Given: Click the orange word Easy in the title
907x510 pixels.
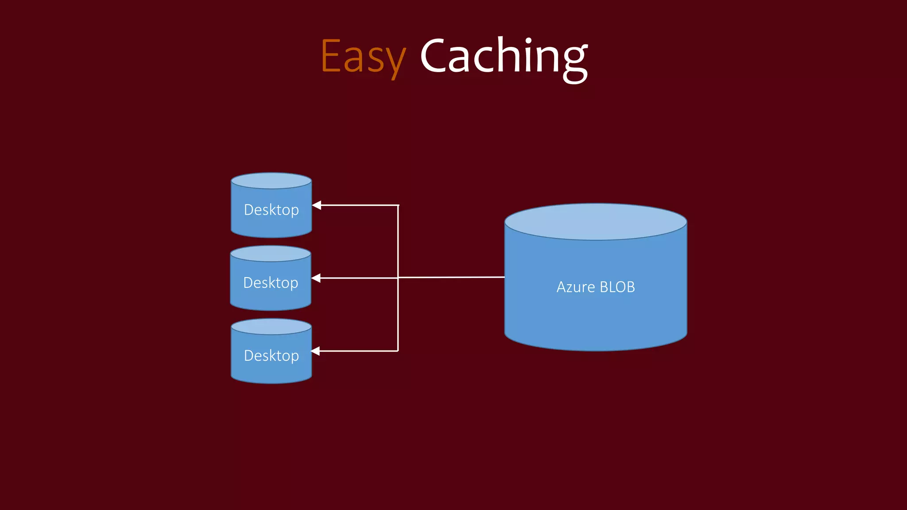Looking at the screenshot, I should click(363, 57).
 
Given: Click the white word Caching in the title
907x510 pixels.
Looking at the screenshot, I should click(504, 57).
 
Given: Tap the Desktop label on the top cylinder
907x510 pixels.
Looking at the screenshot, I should click(271, 210).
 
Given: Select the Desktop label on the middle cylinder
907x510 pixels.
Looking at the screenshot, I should click(271, 283).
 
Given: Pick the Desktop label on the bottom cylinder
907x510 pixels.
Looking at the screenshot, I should click(271, 356).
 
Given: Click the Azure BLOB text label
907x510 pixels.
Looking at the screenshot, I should click(596, 287).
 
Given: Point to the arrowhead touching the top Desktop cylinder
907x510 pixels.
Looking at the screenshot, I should click(317, 205).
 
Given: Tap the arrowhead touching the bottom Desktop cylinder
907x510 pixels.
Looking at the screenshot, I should click(316, 351).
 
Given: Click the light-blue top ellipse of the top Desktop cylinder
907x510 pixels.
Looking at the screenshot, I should click(271, 181).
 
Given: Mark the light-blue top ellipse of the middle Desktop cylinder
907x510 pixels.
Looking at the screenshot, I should click(271, 254).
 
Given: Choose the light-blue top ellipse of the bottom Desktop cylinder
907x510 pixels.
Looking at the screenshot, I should click(271, 327).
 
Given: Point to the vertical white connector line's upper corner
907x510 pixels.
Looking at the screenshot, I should click(398, 205).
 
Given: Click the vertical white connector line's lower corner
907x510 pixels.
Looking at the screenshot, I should click(398, 351).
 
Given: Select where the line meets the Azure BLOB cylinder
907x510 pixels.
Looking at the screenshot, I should click(504, 277).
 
